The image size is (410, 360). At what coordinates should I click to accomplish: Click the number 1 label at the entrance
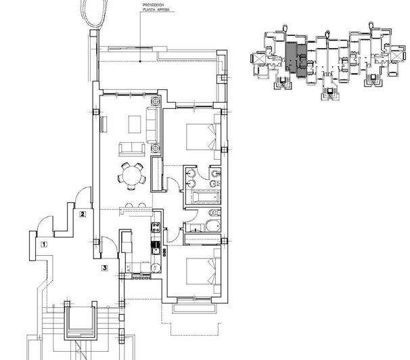44,244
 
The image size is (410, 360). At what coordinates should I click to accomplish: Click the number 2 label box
83,215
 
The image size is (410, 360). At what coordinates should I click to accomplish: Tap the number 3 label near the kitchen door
105,268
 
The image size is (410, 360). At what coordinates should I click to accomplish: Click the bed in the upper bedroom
200,135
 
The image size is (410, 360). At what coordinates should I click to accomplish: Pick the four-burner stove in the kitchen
156,231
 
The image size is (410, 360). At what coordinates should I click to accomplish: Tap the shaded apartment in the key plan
292,56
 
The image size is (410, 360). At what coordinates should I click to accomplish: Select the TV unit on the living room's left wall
104,124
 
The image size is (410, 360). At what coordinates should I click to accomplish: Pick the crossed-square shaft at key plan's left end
258,60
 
